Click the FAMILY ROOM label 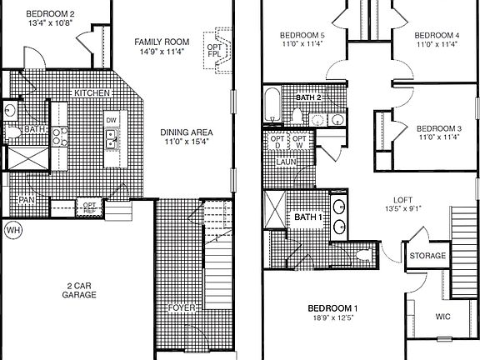pos(163,40)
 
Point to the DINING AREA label pos(187,132)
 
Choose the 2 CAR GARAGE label pos(82,291)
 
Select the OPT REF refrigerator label pos(88,205)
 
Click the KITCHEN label pos(92,92)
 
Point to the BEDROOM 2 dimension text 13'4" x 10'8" pos(50,24)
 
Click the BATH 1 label pos(307,218)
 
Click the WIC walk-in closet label pos(443,317)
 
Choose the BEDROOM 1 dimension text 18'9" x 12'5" pos(332,317)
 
